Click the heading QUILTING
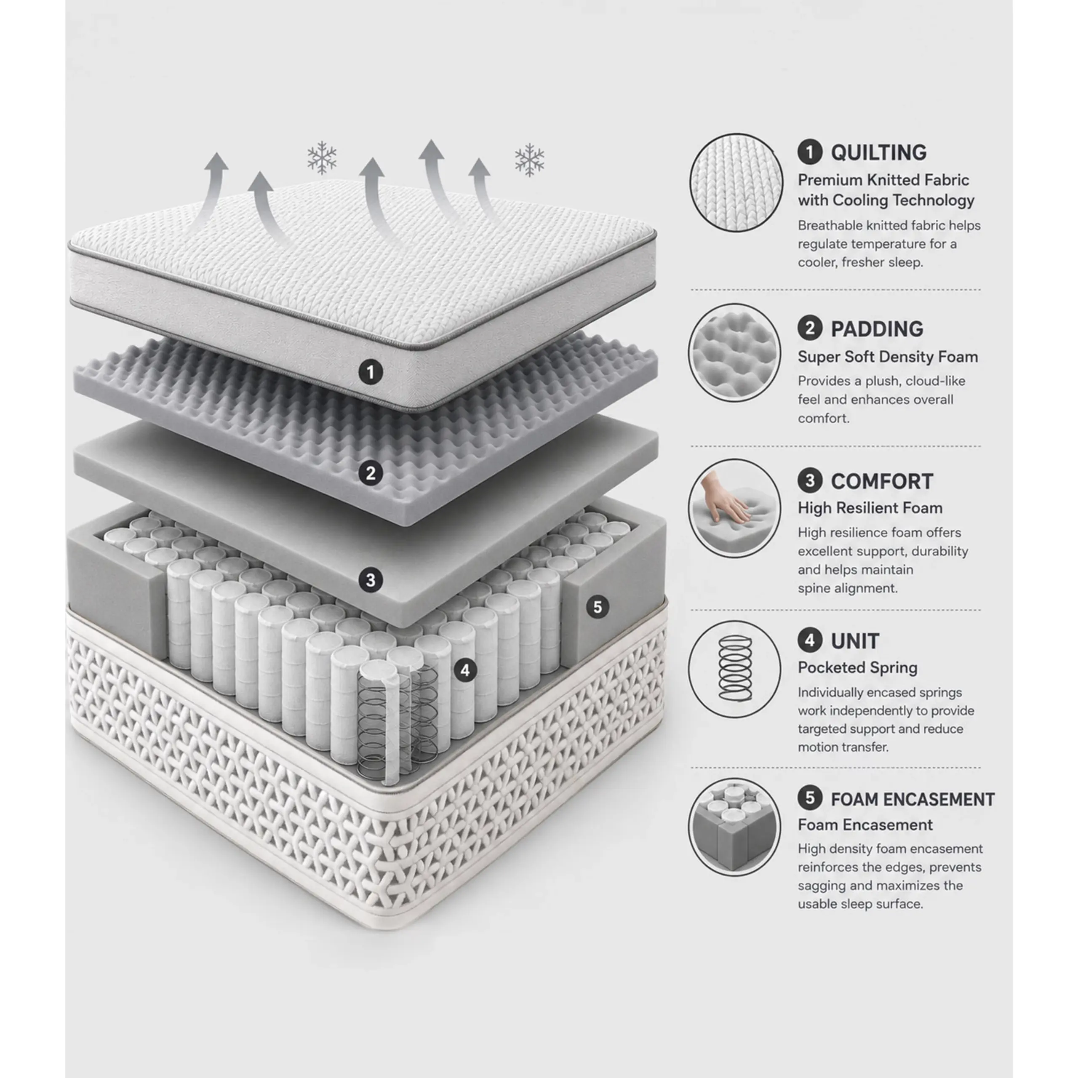click(879, 153)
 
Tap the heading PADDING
click(877, 329)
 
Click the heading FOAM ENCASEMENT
click(913, 800)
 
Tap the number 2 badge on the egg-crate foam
click(371, 474)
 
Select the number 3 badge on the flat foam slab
click(371, 580)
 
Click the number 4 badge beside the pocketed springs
click(465, 670)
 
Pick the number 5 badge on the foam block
click(598, 607)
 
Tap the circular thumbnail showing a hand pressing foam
click(734, 508)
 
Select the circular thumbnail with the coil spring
click(734, 669)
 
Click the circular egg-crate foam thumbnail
click(734, 352)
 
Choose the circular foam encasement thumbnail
click(734, 827)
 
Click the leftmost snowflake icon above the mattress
click(322, 158)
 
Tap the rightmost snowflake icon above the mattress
click(529, 160)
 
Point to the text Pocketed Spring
click(858, 668)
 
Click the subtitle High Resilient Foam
click(870, 508)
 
